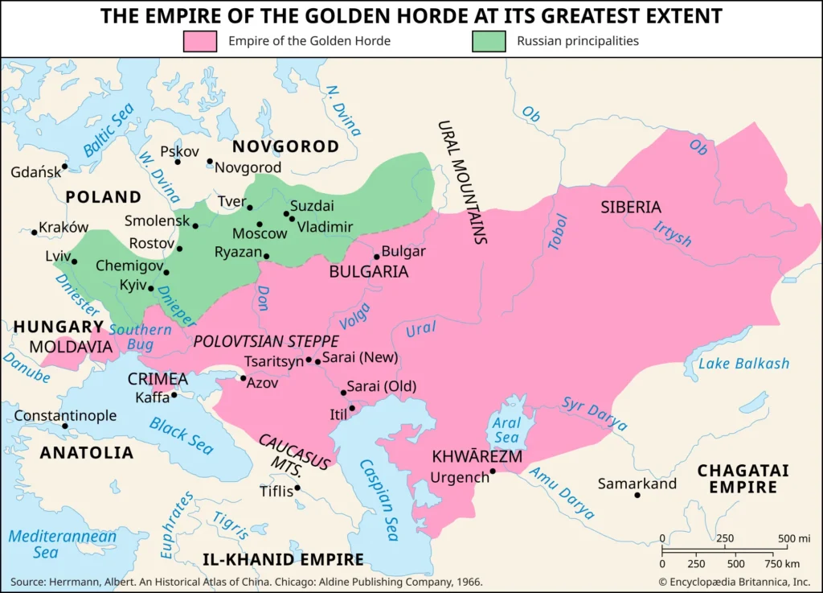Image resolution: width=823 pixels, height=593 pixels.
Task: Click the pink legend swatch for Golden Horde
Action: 200,41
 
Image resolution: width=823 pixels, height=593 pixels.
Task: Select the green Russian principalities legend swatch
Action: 489,41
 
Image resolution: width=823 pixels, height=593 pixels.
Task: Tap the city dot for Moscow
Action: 260,224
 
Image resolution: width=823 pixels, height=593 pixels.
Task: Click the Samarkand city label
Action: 637,484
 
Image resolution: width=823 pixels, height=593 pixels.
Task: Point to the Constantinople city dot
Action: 65,426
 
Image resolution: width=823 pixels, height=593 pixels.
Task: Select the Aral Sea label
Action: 507,430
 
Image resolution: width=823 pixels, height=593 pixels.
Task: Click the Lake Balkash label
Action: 743,364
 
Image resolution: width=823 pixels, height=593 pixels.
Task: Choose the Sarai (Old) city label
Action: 382,386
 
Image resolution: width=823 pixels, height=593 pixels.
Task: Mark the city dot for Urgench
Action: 493,472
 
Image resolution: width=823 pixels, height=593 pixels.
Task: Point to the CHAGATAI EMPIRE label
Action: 743,479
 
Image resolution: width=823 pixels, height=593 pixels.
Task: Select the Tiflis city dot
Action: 297,488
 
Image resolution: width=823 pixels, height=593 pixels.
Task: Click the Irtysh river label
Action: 672,233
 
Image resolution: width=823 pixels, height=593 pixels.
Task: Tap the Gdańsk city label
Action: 35,172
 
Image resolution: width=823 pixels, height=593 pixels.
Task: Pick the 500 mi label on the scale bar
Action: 793,538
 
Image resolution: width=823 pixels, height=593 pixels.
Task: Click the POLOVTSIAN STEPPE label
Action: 266,341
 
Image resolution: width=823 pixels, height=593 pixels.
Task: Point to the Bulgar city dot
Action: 376,257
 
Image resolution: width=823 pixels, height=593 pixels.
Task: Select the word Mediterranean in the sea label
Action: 62,537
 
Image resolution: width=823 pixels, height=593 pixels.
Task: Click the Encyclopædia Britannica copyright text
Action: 734,581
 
